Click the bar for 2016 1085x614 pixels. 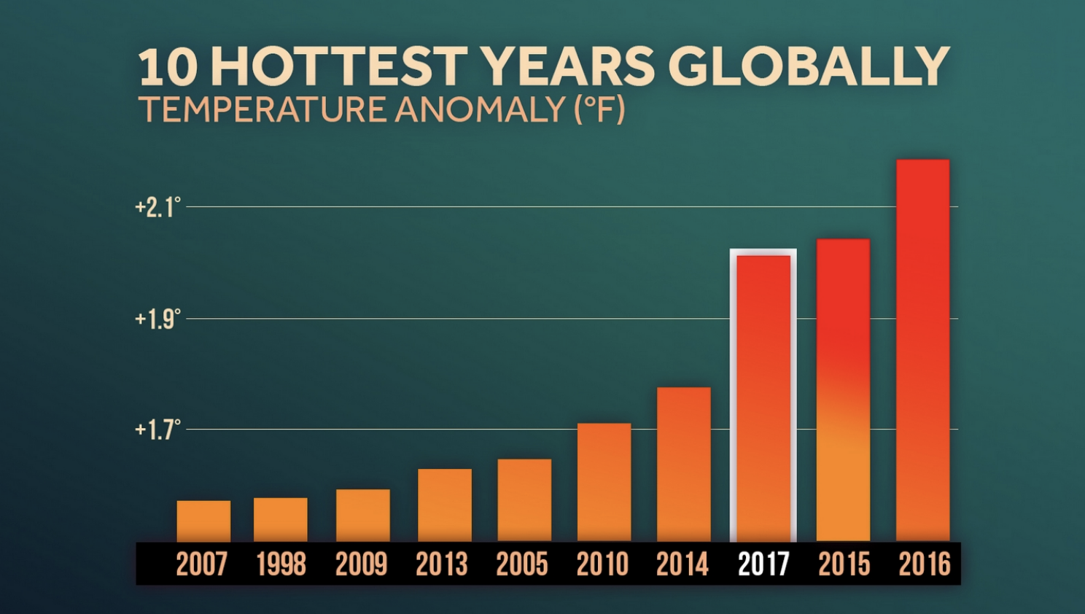[x=922, y=350]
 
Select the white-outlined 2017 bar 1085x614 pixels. [x=763, y=397]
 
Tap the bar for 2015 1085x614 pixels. [x=843, y=390]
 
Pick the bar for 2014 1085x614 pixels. [x=683, y=464]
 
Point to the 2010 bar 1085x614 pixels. [x=604, y=482]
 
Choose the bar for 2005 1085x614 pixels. [x=524, y=500]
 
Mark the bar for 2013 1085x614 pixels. [x=445, y=505]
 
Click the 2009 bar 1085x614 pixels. [x=362, y=515]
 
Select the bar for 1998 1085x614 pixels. [x=281, y=519]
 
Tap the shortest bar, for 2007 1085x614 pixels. [x=203, y=521]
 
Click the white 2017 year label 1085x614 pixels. [x=763, y=564]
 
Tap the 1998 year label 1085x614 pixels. [x=281, y=564]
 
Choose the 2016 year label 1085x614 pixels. [x=924, y=564]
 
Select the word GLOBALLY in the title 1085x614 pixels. [x=808, y=67]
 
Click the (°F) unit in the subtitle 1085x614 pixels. [x=599, y=110]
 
